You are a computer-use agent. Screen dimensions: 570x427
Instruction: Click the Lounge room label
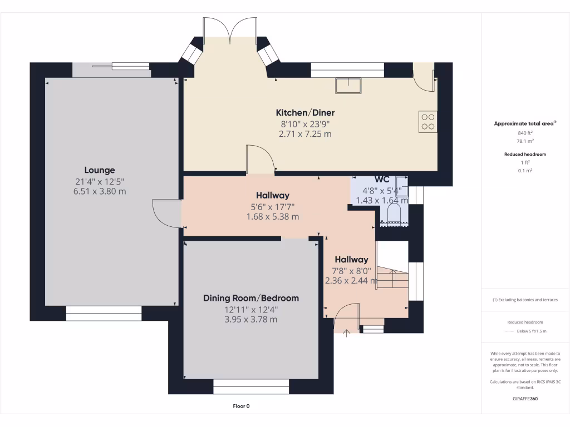tap(100, 170)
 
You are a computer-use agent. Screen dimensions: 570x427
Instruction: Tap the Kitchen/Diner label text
tap(306, 112)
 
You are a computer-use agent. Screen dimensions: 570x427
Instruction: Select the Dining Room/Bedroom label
tap(251, 298)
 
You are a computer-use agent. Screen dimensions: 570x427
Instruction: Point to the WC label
tap(382, 179)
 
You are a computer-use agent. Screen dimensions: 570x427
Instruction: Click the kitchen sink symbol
tap(348, 86)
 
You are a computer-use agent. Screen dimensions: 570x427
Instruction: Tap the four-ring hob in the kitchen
tap(428, 122)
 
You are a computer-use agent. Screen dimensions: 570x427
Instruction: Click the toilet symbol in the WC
tap(394, 213)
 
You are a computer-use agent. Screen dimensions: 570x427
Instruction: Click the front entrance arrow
tap(346, 332)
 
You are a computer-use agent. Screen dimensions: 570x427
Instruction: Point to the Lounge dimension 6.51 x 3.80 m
tap(100, 191)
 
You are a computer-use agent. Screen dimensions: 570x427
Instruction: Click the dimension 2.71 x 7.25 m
tap(306, 134)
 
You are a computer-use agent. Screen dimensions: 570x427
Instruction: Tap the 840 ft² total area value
tap(525, 133)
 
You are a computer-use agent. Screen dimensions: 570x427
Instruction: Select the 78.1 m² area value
tap(525, 141)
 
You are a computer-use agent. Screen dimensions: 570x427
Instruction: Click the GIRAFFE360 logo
tap(525, 399)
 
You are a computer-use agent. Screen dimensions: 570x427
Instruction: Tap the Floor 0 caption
tap(242, 406)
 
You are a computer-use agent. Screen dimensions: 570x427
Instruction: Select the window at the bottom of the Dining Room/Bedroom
tap(251, 387)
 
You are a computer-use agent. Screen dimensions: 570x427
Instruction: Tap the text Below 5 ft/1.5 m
tap(532, 331)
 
